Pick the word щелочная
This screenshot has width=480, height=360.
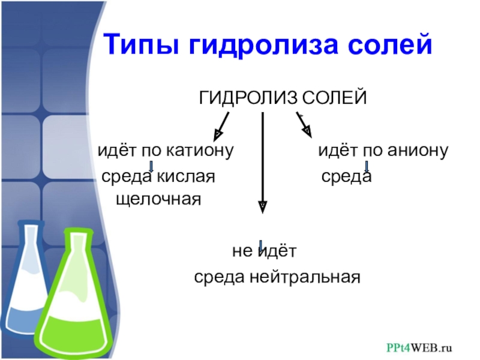157,197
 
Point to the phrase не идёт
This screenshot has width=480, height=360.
265,251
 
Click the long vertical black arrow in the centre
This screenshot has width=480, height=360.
262,162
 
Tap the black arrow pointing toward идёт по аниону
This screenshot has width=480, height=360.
302,122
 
